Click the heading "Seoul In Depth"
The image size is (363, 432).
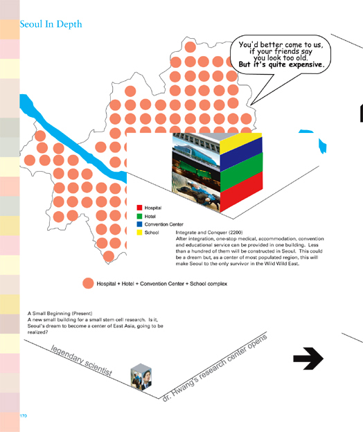51,24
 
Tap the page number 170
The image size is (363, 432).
24,416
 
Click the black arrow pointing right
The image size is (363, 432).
308,359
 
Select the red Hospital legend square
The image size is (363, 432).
139,208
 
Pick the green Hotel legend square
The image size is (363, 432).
139,216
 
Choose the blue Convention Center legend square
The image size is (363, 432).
139,224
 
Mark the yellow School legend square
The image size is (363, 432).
139,233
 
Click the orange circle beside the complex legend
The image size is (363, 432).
88,283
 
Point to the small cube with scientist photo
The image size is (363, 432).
141,377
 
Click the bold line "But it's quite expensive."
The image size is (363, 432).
281,65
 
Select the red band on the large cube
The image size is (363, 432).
242,192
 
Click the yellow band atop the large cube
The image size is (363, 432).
241,142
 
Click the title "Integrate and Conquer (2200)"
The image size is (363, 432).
209,232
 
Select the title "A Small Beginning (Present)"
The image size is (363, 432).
60,313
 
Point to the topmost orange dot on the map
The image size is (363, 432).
191,47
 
